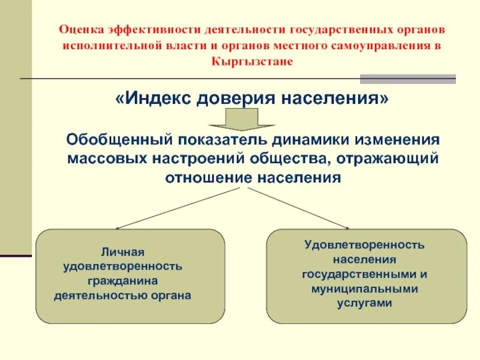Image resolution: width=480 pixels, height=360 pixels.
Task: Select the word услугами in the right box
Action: tap(364, 303)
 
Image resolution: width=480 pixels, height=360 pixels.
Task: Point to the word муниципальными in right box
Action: tap(364, 289)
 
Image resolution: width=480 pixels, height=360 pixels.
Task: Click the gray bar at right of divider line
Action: tap(407, 79)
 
